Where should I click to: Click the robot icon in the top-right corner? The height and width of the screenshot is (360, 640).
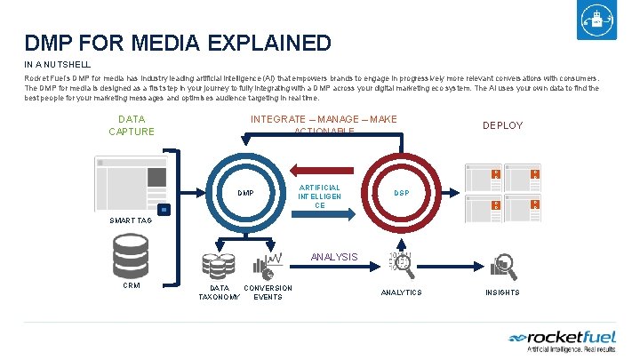[596, 23]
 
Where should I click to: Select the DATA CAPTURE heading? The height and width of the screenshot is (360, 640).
[131, 125]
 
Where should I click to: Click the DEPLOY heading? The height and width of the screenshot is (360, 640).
[502, 125]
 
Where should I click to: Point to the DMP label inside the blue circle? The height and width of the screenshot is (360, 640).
[246, 193]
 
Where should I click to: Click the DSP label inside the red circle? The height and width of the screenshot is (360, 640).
[402, 193]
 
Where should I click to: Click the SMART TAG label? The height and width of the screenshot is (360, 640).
[132, 220]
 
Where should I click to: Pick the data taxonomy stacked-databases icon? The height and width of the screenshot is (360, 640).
[219, 266]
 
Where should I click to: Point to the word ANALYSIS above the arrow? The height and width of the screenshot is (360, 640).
[334, 258]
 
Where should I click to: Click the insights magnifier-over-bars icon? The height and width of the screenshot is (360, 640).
[504, 264]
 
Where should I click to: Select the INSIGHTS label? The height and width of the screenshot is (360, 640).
[502, 292]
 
